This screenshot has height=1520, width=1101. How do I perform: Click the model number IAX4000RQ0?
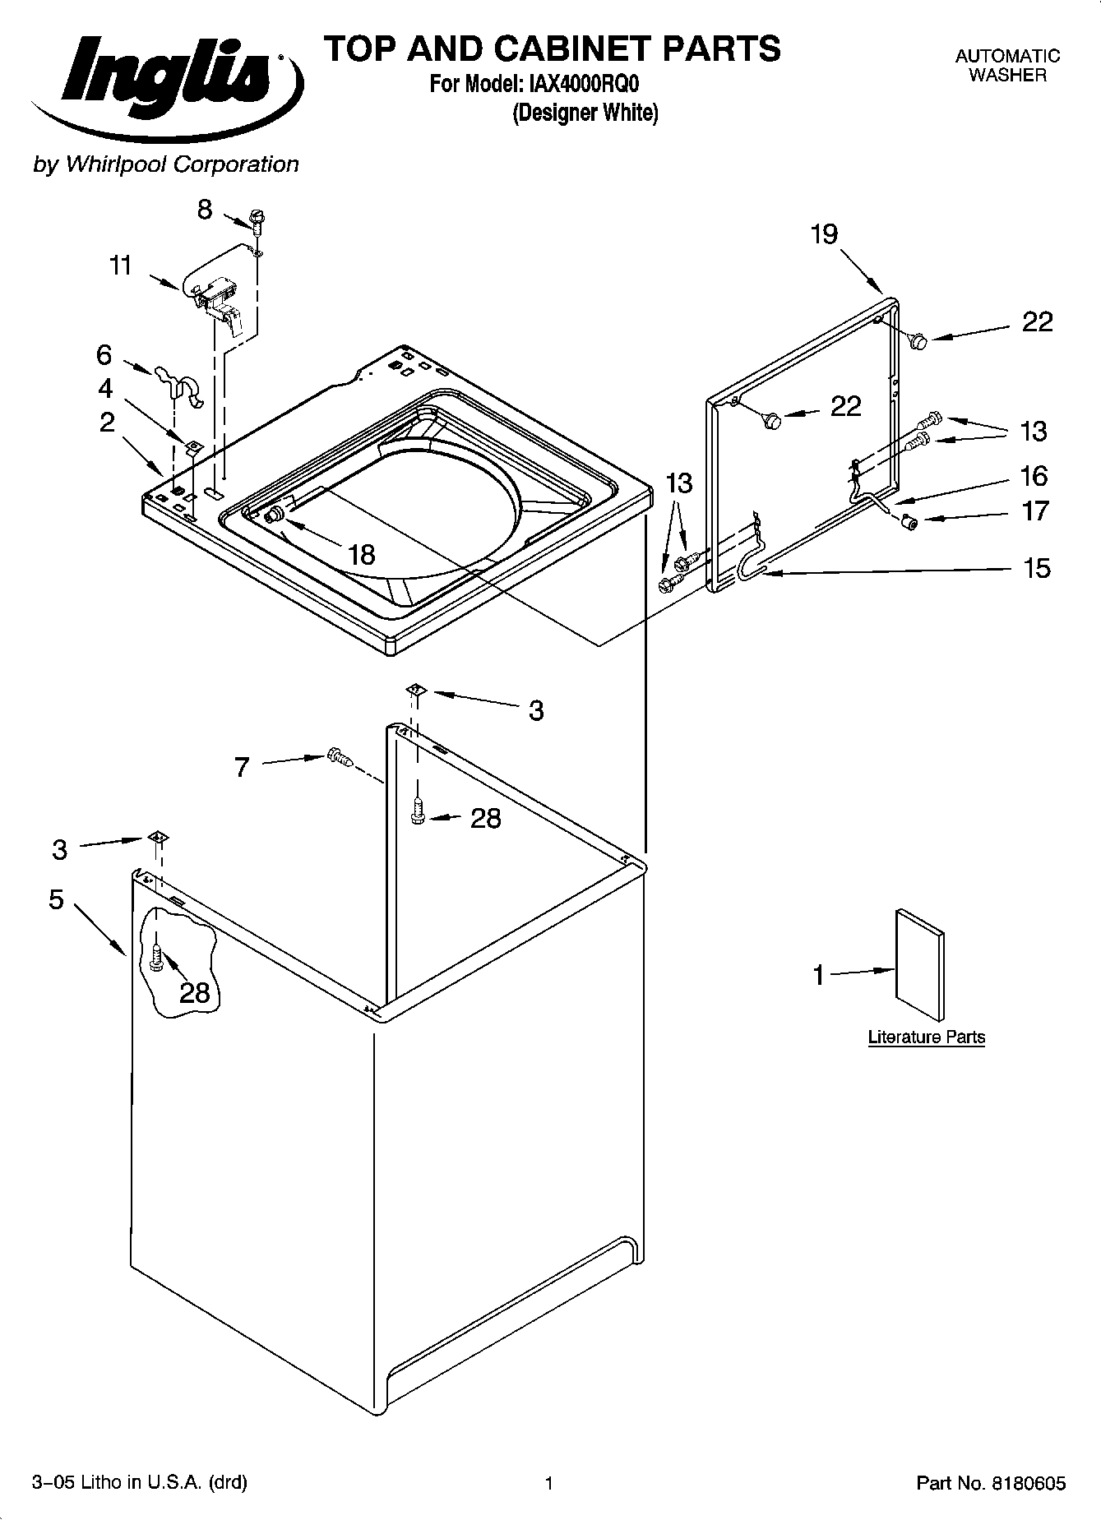[579, 84]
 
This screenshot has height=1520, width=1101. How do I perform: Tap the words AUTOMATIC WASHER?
[1006, 66]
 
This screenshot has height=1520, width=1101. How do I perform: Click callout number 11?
[120, 266]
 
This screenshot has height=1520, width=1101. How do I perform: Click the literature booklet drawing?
[920, 964]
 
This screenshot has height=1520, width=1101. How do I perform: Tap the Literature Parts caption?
[926, 1037]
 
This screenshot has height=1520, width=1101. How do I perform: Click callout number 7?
[241, 768]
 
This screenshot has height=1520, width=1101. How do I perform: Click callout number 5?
[56, 899]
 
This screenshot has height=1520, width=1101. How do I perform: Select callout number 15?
[1037, 567]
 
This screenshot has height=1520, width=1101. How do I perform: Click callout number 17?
[1035, 511]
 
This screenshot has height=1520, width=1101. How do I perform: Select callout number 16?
[1034, 475]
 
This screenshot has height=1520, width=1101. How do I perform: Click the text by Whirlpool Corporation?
[165, 164]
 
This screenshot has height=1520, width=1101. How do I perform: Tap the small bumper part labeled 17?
[909, 521]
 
